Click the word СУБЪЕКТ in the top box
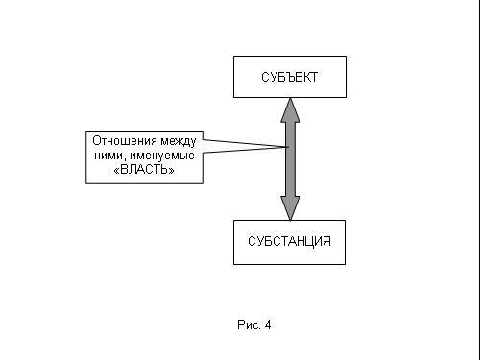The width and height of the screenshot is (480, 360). click(289, 77)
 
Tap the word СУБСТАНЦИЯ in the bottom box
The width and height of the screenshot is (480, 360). click(289, 241)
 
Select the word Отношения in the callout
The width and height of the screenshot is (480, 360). click(125, 141)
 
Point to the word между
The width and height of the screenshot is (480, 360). click(179, 141)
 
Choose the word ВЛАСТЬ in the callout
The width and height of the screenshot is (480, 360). click(144, 170)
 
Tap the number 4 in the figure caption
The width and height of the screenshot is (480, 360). click(268, 325)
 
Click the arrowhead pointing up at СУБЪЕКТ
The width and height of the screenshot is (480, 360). click(290, 110)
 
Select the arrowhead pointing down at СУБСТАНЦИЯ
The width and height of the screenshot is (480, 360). click(290, 208)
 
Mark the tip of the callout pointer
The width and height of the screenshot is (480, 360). click(289, 147)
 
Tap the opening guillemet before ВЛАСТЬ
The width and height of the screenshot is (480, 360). click(117, 170)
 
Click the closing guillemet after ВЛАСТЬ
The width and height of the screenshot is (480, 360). click(171, 170)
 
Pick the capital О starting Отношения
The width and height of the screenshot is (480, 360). click(96, 141)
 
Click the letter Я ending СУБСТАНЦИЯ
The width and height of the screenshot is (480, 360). click(326, 241)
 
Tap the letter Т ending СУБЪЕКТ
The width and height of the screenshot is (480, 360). click(314, 77)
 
